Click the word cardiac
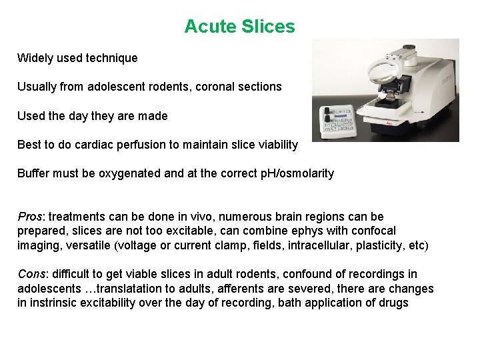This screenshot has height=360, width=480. click(x=97, y=145)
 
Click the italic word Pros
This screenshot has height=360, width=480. click(x=29, y=217)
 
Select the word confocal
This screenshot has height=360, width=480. click(x=373, y=231)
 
